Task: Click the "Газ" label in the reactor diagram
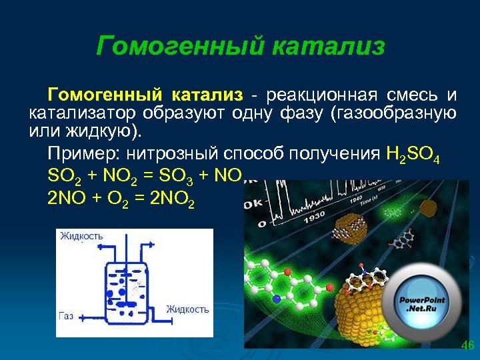pyautogui.click(x=66, y=315)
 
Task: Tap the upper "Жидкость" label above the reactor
pyautogui.click(x=81, y=236)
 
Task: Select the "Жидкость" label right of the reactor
pyautogui.click(x=187, y=309)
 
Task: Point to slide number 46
pyautogui.click(x=467, y=345)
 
